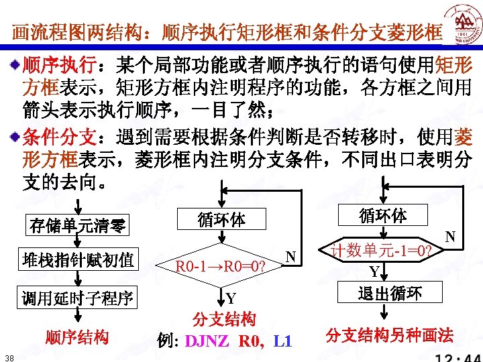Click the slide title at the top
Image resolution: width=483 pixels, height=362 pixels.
(x=227, y=32)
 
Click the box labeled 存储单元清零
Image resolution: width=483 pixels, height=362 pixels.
(x=78, y=225)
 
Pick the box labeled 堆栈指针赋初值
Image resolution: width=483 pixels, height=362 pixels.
(x=78, y=260)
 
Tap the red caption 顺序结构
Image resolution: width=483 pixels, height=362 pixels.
(x=78, y=337)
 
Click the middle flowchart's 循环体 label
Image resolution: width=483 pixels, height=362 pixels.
(x=222, y=219)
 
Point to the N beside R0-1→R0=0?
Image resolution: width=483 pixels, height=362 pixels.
(x=290, y=255)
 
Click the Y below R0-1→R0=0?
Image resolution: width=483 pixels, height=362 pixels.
(x=231, y=298)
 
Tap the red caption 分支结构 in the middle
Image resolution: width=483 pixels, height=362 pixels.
(x=224, y=318)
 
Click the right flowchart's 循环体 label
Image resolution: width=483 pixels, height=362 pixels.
(x=382, y=216)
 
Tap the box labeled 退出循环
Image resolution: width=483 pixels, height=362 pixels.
(x=390, y=294)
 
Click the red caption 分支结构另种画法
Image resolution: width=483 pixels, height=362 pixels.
(x=390, y=335)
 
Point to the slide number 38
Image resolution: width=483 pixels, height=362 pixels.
(x=7, y=355)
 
